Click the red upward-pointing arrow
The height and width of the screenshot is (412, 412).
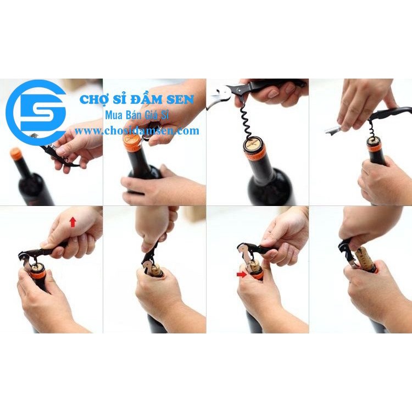(x=73, y=222)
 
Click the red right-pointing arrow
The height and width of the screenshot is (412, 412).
(x=242, y=274)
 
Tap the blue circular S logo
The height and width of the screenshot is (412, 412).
(x=36, y=113)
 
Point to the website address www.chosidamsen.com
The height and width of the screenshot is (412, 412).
(x=137, y=131)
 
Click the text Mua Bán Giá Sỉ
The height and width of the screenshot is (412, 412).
(x=137, y=115)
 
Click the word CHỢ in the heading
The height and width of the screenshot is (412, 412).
(x=92, y=99)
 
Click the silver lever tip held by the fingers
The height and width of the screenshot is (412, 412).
(x=332, y=130)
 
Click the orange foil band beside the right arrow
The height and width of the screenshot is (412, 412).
(x=256, y=275)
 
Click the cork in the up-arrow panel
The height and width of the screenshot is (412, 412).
(x=37, y=268)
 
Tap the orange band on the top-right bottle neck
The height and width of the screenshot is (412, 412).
(x=376, y=148)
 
